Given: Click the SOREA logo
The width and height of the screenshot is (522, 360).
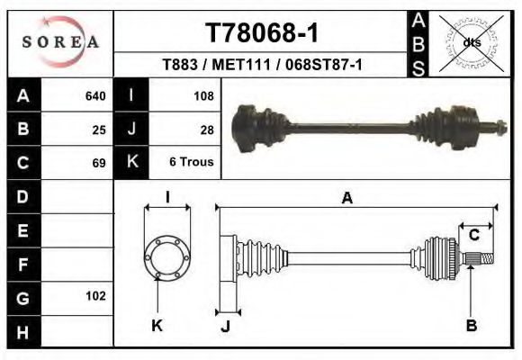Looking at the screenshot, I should pyautogui.click(x=59, y=42).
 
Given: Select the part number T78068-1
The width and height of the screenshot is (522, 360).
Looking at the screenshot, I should pyautogui.click(x=262, y=33).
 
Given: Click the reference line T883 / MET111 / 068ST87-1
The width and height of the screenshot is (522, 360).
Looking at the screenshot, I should pyautogui.click(x=262, y=65).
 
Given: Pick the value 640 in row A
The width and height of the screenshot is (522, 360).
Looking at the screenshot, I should pyautogui.click(x=94, y=95).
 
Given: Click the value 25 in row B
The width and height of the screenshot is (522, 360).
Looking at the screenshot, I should pyautogui.click(x=99, y=129).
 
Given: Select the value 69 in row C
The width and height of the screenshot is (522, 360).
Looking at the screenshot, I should pyautogui.click(x=99, y=163).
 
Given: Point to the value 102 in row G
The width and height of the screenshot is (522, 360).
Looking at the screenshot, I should pyautogui.click(x=94, y=296).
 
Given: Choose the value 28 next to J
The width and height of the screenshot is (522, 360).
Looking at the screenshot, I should pyautogui.click(x=207, y=129).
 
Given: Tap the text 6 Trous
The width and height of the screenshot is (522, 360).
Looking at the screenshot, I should pyautogui.click(x=192, y=163).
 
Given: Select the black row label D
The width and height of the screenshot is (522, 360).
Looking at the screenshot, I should pyautogui.click(x=23, y=196).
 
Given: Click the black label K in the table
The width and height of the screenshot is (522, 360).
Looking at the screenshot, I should pyautogui.click(x=132, y=163).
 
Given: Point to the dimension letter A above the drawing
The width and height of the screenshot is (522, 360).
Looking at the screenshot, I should pyautogui.click(x=346, y=198).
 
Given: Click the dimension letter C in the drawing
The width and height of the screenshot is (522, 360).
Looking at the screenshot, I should pyautogui.click(x=473, y=236).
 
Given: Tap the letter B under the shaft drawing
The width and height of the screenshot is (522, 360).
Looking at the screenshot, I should pyautogui.click(x=471, y=325).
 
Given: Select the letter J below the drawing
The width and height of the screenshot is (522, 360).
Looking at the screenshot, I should pyautogui.click(x=226, y=326).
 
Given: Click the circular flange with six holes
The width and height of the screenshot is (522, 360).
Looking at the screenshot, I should pyautogui.click(x=167, y=256).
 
